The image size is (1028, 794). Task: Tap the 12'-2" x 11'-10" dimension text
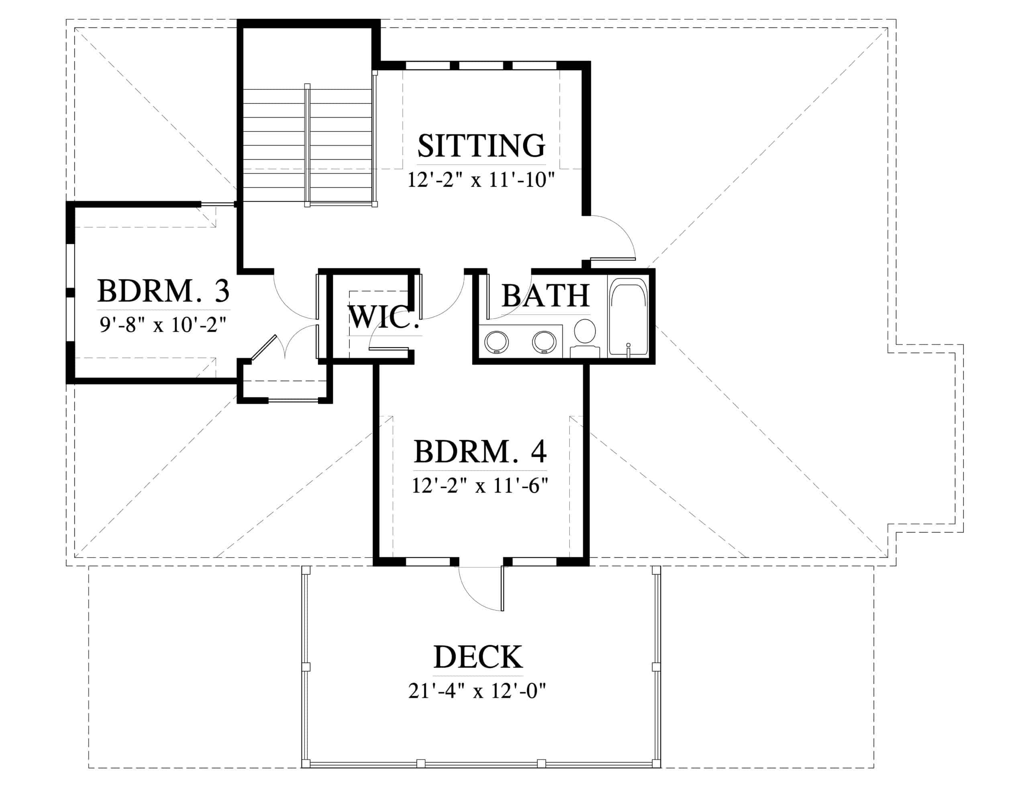[481, 180]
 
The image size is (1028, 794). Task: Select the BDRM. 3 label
[163, 291]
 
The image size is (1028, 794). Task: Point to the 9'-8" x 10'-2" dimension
[163, 325]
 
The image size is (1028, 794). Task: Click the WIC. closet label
[384, 317]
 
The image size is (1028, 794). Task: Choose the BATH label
[546, 295]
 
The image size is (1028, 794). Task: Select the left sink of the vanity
[497, 341]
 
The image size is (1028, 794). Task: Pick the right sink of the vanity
[544, 341]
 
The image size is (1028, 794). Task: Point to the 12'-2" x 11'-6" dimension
[480, 485]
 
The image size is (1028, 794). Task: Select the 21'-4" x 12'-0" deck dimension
[477, 691]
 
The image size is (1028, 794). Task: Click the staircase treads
[308, 145]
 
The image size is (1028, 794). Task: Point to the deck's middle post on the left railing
[306, 667]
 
